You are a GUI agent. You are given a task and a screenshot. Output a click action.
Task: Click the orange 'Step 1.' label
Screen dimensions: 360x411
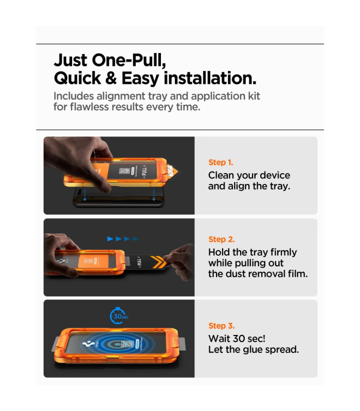221,162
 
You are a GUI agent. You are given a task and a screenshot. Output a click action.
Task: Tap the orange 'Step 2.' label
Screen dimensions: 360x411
222,239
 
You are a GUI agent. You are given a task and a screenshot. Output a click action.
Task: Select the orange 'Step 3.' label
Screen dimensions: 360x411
222,326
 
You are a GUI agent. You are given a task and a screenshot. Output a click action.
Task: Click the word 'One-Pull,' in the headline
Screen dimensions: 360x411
129,61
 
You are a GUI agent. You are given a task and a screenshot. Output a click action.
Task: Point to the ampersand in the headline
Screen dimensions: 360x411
111,78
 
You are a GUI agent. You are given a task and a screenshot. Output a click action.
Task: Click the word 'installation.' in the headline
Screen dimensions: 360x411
210,78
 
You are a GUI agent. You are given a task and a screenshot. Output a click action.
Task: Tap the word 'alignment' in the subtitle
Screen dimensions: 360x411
121,97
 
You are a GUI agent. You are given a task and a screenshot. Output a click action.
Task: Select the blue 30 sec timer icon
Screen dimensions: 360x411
119,315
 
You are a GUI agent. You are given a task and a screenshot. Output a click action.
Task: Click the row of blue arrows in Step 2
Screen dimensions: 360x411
123,239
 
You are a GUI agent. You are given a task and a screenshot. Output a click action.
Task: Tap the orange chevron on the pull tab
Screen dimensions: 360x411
159,262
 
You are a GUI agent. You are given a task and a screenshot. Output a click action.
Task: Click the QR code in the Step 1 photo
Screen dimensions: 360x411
124,171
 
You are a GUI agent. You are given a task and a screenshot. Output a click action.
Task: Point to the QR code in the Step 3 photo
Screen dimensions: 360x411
127,344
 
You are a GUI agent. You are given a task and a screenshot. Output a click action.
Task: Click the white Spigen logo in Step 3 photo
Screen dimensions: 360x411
88,343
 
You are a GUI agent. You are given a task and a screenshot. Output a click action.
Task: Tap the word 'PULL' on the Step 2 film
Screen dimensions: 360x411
139,262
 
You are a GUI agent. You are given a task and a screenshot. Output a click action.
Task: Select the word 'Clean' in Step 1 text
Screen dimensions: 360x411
219,175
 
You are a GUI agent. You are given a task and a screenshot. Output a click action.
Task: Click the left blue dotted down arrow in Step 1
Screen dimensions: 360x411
85,195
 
